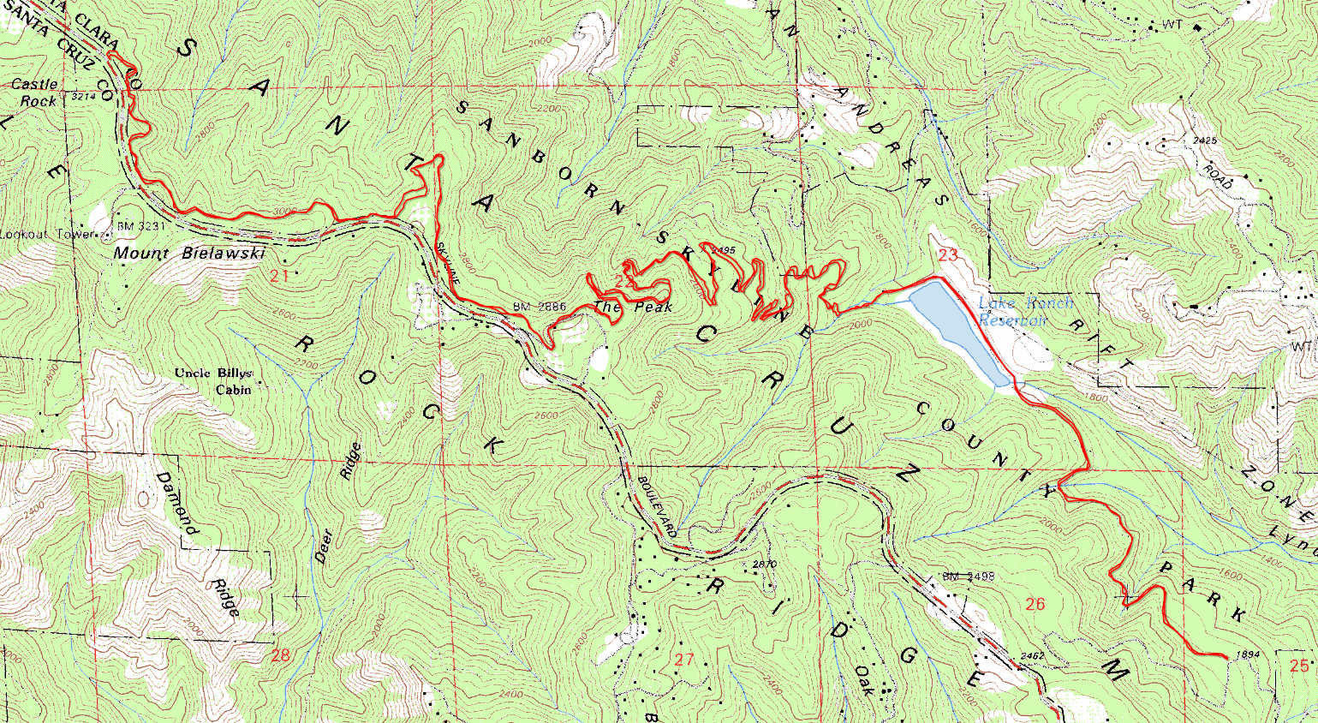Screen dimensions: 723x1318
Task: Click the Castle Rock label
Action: [34, 93]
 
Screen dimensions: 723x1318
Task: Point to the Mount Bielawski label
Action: [189, 254]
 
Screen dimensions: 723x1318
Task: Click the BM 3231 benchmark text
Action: [137, 225]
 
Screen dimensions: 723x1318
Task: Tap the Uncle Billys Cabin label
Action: [214, 381]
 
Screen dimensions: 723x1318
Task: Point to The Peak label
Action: [633, 307]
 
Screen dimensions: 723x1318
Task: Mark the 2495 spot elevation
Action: [723, 250]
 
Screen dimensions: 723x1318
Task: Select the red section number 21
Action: [279, 276]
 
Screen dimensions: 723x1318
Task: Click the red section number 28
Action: [280, 655]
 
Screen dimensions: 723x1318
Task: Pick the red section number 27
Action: [683, 659]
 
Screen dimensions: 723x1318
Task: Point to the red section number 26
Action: [1035, 604]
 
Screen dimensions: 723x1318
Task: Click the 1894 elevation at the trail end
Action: [1249, 655]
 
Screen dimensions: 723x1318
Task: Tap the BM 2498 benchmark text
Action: [968, 577]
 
